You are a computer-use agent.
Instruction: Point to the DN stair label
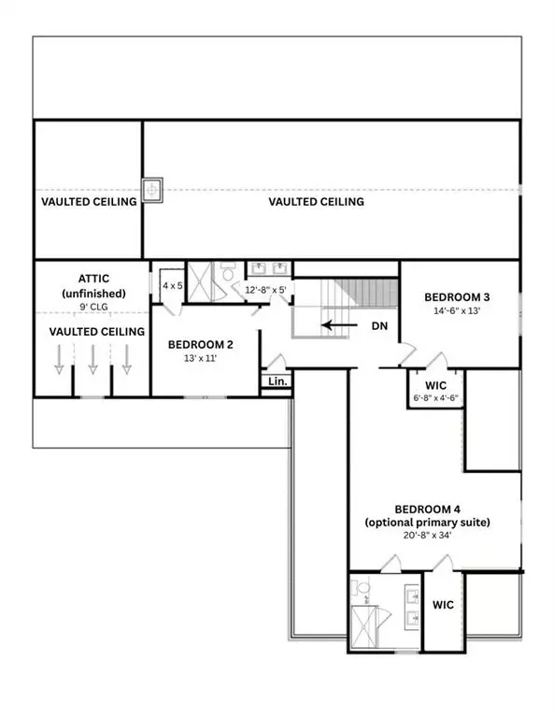coord(380,326)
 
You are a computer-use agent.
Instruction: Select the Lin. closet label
coord(277,381)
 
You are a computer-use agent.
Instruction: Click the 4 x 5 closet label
coord(172,285)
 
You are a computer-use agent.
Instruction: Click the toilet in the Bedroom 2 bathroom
coord(227,272)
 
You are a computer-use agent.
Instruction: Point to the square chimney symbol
coord(152,190)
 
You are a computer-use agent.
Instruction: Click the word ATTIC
coord(92,278)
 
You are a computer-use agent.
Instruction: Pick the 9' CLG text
coord(92,305)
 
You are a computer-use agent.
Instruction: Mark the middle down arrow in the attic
coord(92,360)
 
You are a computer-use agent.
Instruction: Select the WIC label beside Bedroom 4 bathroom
coord(443,605)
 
